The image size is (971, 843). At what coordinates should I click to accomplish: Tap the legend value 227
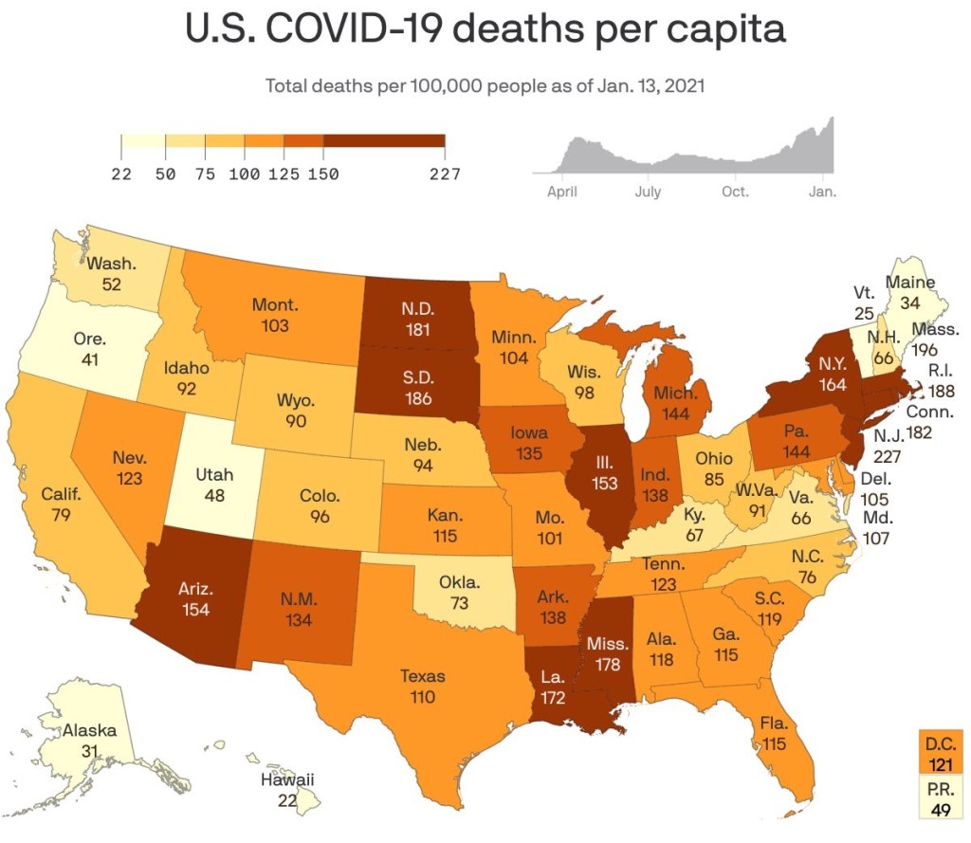point(444,174)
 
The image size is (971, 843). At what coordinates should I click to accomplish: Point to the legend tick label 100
point(245,174)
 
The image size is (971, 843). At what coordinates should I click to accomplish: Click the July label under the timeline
point(648,192)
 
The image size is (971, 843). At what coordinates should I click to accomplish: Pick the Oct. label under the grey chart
point(735,192)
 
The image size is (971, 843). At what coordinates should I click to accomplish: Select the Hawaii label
point(286,780)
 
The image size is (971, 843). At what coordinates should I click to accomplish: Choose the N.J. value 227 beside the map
point(889,456)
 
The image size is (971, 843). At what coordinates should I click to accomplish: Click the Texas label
point(422,677)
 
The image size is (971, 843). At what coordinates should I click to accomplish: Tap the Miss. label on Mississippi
point(607,644)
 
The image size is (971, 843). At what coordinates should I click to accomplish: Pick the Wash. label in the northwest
point(111,265)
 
